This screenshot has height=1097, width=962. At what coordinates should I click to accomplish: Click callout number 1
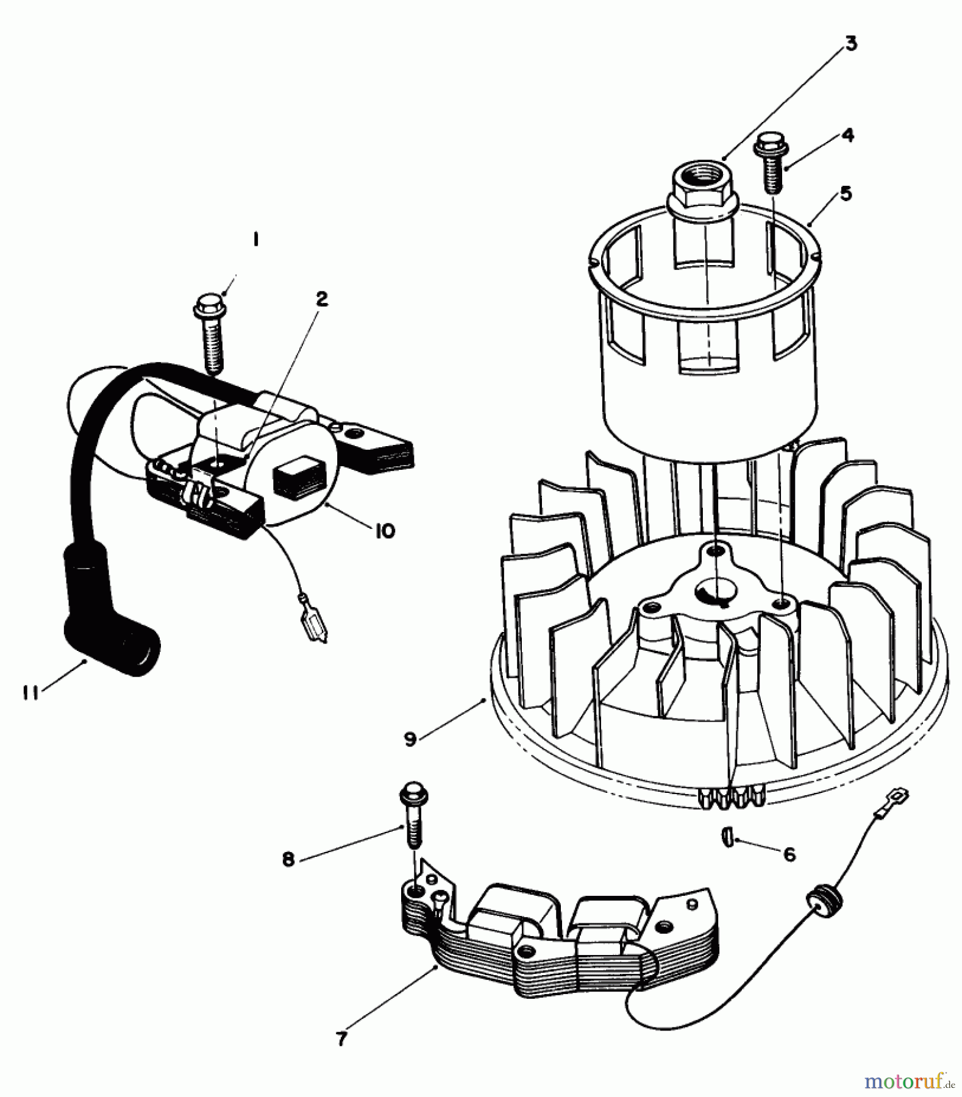coord(255,241)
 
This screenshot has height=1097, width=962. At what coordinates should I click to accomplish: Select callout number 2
coord(321,299)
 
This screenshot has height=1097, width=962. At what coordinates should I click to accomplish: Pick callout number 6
coord(789,855)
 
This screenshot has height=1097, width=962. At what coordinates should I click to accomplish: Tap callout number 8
coord(288,859)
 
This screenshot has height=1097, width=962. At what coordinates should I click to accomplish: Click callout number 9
coord(410,739)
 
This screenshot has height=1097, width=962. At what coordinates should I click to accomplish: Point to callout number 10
coord(385,530)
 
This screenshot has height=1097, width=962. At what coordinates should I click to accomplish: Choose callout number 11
coord(30,692)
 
